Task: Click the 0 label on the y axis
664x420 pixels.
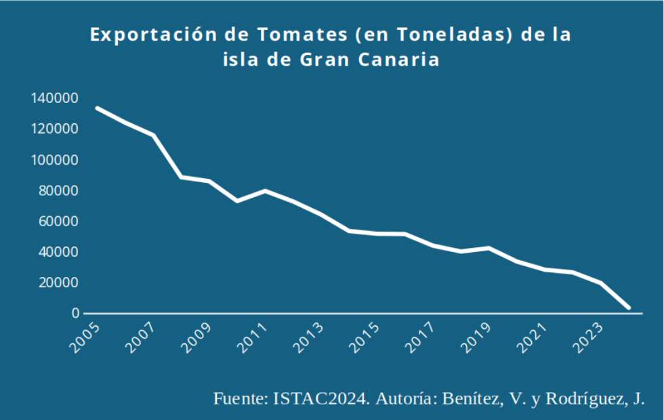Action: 77,314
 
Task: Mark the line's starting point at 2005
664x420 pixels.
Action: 97,108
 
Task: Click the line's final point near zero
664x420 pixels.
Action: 629,308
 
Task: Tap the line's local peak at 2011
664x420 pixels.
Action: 265,190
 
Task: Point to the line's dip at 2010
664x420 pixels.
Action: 237,201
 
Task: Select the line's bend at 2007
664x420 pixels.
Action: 153,135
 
